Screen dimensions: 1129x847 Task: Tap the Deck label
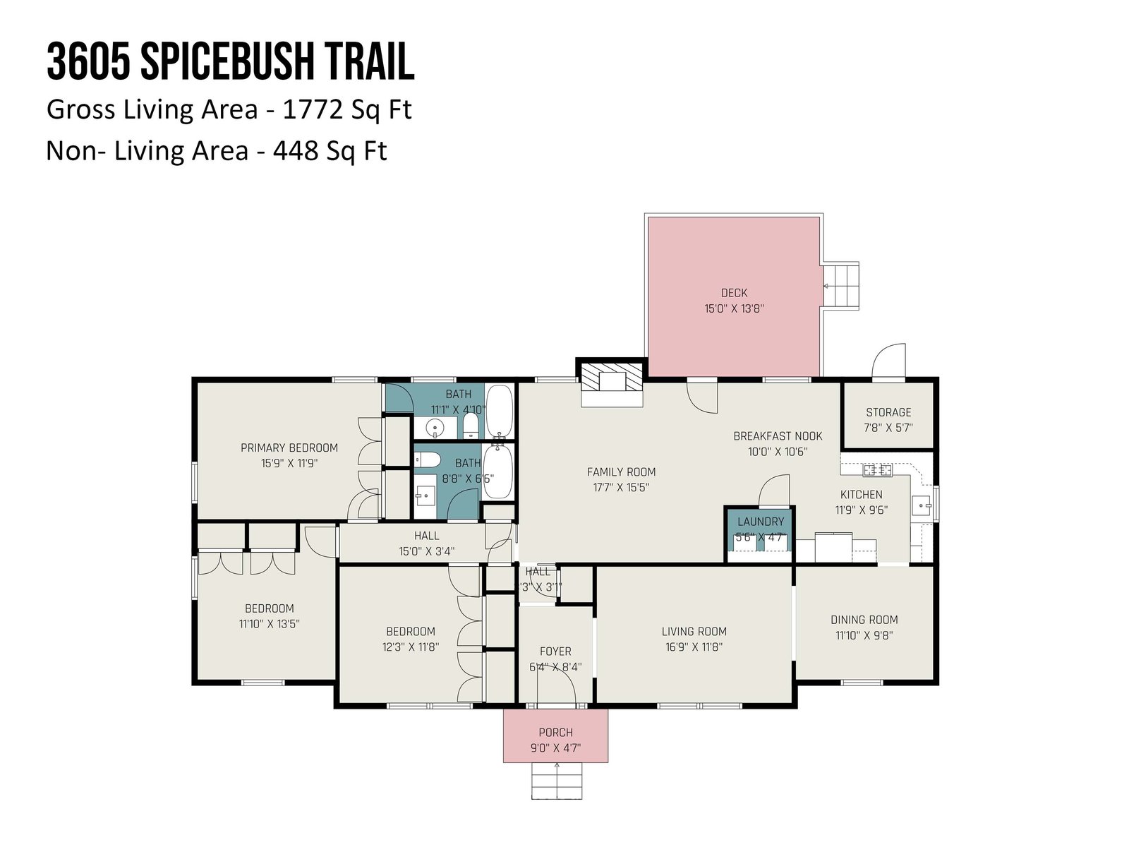click(734, 293)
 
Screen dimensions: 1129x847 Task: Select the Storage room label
click(888, 412)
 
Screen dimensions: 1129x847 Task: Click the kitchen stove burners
click(877, 469)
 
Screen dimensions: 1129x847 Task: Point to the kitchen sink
click(922, 505)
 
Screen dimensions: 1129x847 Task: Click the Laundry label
click(761, 522)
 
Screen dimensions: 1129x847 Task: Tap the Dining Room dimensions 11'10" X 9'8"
click(864, 636)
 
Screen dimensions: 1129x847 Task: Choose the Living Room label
click(694, 632)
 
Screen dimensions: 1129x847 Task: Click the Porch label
click(555, 733)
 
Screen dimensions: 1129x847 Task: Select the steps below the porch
click(557, 781)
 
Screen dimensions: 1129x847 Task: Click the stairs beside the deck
click(841, 286)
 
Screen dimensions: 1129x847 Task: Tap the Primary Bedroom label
click(289, 448)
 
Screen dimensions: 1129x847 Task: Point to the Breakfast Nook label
click(778, 436)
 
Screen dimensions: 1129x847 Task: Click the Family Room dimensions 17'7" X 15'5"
click(622, 488)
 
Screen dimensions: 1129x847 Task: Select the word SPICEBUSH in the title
click(227, 61)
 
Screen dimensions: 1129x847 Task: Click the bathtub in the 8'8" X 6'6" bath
click(497, 471)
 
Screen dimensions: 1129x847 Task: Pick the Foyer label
click(555, 651)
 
